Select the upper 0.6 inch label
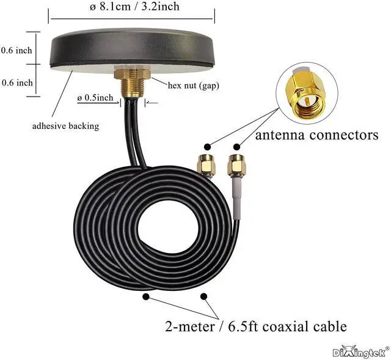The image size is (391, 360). pyautogui.click(x=16, y=51)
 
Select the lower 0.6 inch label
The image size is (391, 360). pyautogui.click(x=16, y=83)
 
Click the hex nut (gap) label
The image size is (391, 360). pyautogui.click(x=193, y=85)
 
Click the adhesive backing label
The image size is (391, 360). pyautogui.click(x=65, y=126)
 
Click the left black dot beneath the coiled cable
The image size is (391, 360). pyautogui.click(x=147, y=296)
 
